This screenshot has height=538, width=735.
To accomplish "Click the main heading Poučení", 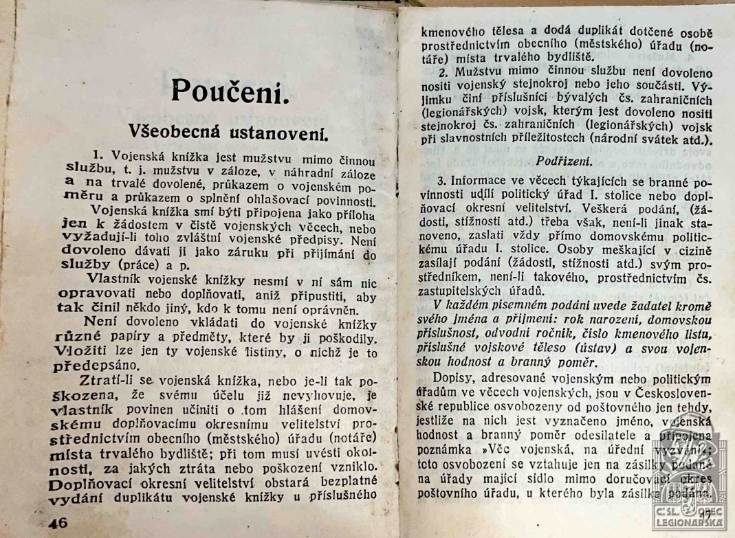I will pyautogui.click(x=227, y=91).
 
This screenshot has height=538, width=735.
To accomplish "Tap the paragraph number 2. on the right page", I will pyautogui.click(x=443, y=72).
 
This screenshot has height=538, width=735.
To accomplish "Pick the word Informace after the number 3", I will pyautogui.click(x=481, y=182).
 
